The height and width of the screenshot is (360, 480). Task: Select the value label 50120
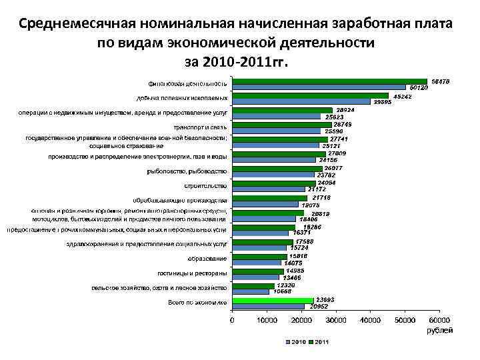419,88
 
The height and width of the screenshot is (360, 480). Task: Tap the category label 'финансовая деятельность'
188,84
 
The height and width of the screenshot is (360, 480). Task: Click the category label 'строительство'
206,185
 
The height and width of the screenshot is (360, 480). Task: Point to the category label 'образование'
207,258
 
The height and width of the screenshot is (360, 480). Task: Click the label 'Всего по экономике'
197,303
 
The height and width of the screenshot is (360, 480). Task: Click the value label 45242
402,96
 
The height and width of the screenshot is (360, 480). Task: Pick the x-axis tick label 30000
335,321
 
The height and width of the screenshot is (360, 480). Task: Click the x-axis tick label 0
232,321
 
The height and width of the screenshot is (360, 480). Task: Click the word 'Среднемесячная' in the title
78,24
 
